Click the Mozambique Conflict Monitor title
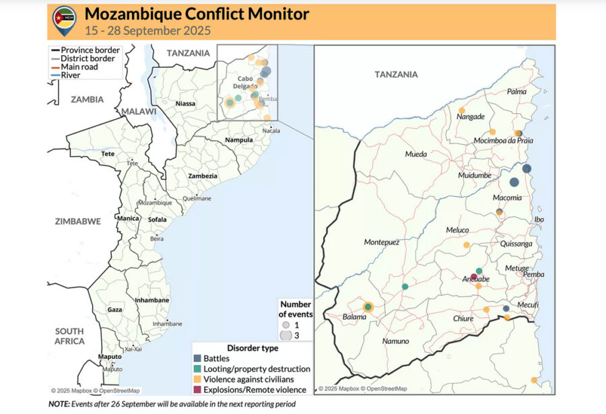point(197,14)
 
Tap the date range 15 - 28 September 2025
point(148,30)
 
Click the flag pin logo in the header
point(64,21)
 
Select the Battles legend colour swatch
point(197,359)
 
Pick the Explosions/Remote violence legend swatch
point(197,389)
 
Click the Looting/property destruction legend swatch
point(197,369)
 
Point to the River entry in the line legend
point(70,75)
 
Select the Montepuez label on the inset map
point(382,242)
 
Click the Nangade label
point(471,116)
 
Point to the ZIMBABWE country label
point(78,221)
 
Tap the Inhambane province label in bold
point(151,300)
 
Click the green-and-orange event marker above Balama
point(368,307)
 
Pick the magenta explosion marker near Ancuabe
point(474,276)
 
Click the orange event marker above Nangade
point(461,110)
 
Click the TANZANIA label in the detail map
point(396,75)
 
